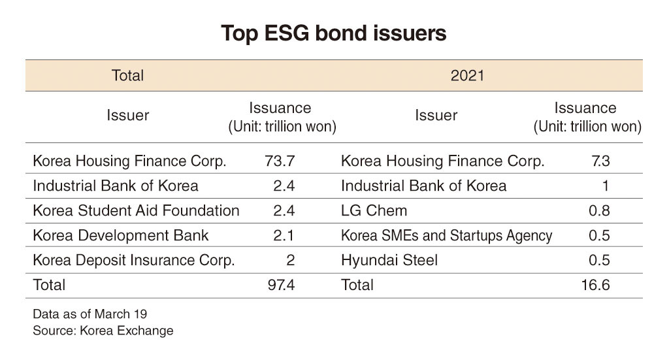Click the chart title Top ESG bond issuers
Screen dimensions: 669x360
pyautogui.click(x=334, y=34)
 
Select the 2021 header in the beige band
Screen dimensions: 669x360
pyautogui.click(x=467, y=76)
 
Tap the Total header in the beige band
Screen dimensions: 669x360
pyautogui.click(x=127, y=76)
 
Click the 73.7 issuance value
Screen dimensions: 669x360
pyautogui.click(x=280, y=161)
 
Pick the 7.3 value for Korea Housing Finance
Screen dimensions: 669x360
pyautogui.click(x=601, y=161)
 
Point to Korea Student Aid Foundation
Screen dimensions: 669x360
pyautogui.click(x=136, y=210)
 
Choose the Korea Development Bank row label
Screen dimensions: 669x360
pyautogui.click(x=121, y=235)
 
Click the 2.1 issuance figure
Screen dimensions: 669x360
pyautogui.click(x=284, y=235)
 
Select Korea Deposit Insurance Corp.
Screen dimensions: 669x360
pyautogui.click(x=134, y=260)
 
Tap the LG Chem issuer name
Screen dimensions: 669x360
pyautogui.click(x=374, y=210)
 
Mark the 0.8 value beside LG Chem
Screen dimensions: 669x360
pyautogui.click(x=599, y=210)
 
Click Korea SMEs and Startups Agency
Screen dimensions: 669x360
pyautogui.click(x=447, y=235)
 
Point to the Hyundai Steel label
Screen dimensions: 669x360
pyautogui.click(x=389, y=260)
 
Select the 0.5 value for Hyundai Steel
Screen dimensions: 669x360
pyautogui.click(x=599, y=260)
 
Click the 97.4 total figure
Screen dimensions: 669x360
pyautogui.click(x=281, y=285)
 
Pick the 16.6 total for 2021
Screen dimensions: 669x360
pyautogui.click(x=596, y=285)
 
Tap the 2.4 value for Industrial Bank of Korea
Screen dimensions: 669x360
pyautogui.click(x=284, y=186)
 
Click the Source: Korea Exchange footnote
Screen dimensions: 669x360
pyautogui.click(x=103, y=331)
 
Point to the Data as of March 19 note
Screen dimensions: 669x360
pyautogui.click(x=90, y=314)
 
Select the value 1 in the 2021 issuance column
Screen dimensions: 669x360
pyautogui.click(x=606, y=186)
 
